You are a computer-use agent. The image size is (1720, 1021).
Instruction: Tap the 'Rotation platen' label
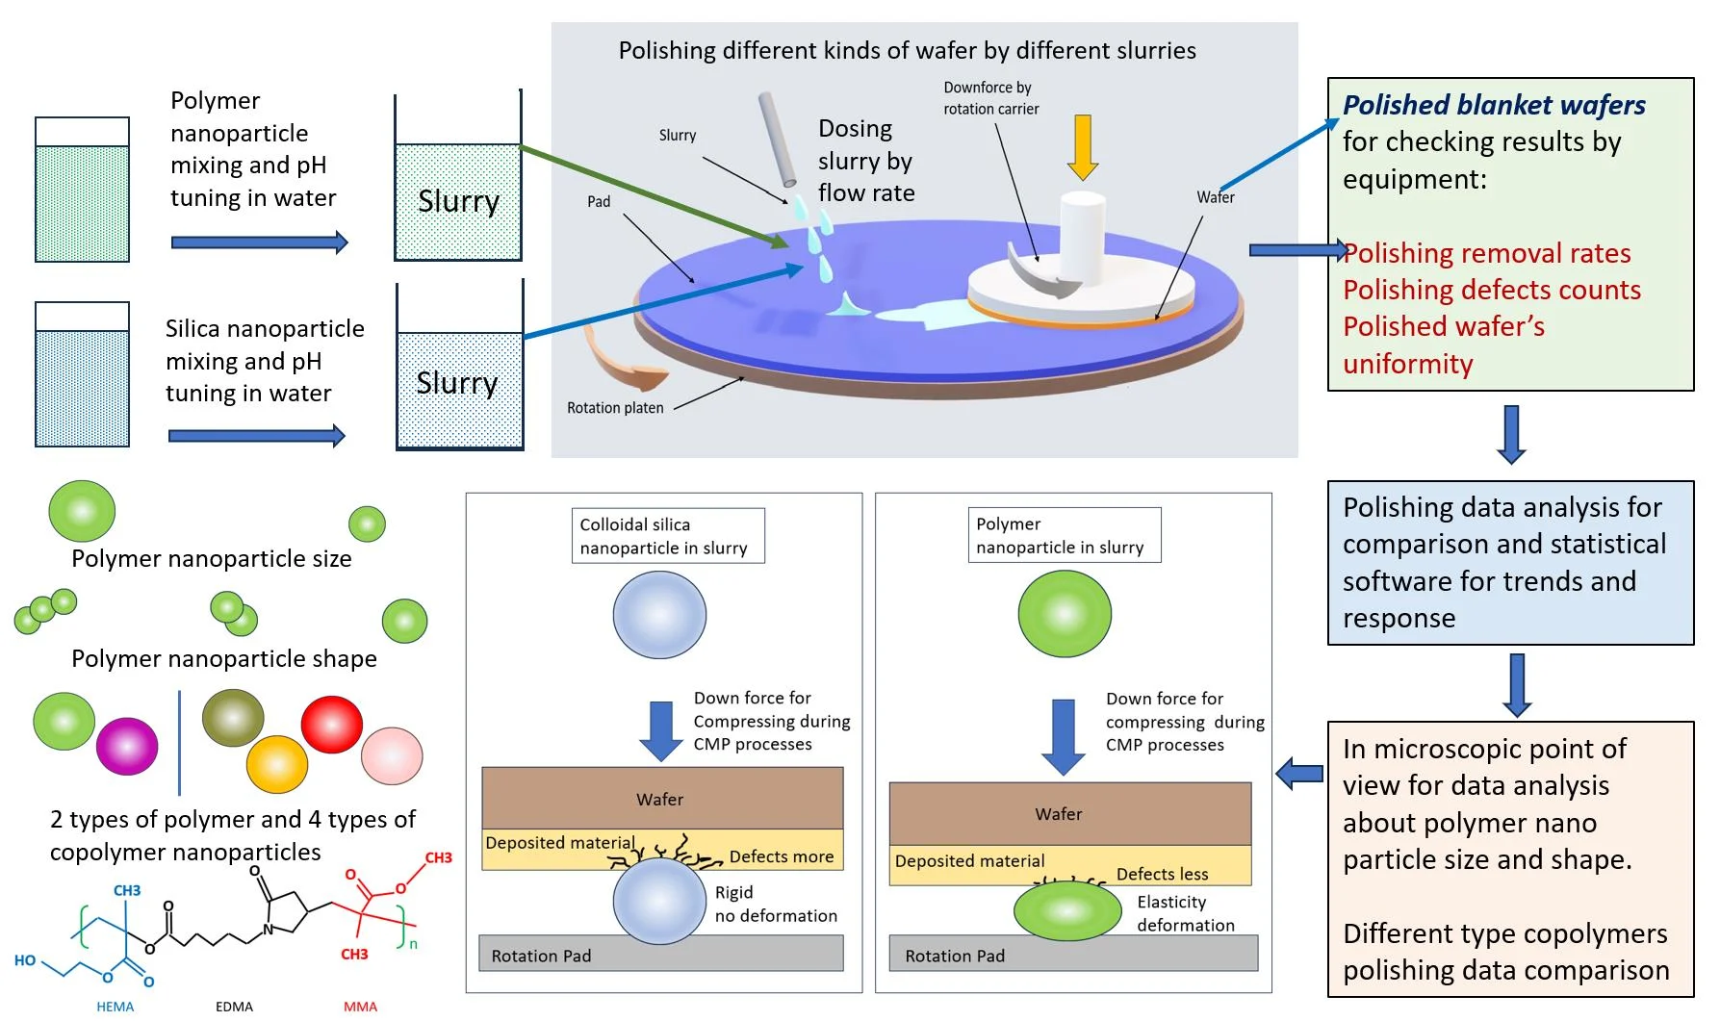(615, 408)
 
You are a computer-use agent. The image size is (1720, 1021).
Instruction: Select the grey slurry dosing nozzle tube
(777, 140)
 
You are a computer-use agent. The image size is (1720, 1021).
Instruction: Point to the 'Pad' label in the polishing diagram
(599, 202)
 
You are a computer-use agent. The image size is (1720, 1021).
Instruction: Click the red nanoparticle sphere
(332, 723)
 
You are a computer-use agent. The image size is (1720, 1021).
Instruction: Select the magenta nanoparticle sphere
(127, 746)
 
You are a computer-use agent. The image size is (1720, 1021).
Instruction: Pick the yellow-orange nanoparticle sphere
(277, 764)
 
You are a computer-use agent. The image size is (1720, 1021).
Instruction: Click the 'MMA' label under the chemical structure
(360, 1007)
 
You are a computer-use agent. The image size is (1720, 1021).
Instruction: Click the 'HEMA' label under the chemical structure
(116, 1007)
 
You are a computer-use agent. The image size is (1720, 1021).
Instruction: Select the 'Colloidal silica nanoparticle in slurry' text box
(667, 536)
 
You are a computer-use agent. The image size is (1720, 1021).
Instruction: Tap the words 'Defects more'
(781, 856)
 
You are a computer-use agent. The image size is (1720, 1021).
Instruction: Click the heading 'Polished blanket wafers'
(1494, 105)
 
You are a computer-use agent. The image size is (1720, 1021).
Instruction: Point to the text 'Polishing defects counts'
(1492, 290)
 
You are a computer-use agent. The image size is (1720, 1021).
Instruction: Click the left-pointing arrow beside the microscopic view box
(1299, 773)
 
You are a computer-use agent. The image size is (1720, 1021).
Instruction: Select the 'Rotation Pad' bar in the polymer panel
(1072, 955)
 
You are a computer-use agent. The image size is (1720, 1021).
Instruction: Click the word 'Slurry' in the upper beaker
(458, 201)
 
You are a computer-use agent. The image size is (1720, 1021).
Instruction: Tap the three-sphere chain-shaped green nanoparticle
(44, 610)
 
